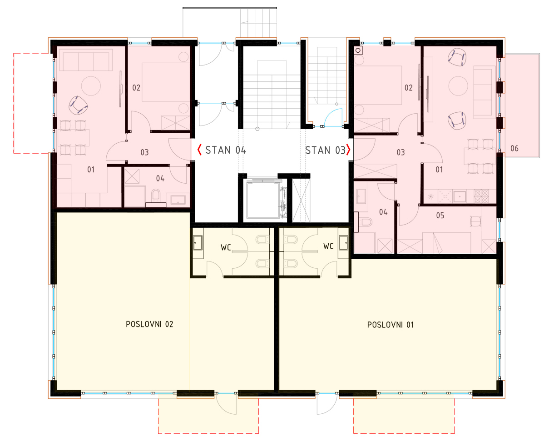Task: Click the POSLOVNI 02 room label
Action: tap(149, 324)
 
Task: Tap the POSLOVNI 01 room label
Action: tap(391, 325)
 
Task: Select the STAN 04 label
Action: tap(226, 150)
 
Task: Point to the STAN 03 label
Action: tap(325, 150)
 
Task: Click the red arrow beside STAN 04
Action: tap(199, 150)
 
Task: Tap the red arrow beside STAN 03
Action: tap(348, 150)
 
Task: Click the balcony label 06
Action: tap(514, 148)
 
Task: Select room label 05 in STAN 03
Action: tap(440, 216)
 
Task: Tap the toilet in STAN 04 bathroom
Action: tap(156, 195)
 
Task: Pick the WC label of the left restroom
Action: tap(226, 247)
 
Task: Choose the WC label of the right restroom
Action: tap(328, 246)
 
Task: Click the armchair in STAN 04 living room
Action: tap(78, 105)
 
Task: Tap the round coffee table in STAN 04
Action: tap(91, 86)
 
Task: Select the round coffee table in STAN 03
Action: tap(458, 86)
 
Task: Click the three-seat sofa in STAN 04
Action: tap(86, 60)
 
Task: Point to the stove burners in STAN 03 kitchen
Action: tap(481, 196)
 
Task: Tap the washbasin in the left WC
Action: tap(198, 243)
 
